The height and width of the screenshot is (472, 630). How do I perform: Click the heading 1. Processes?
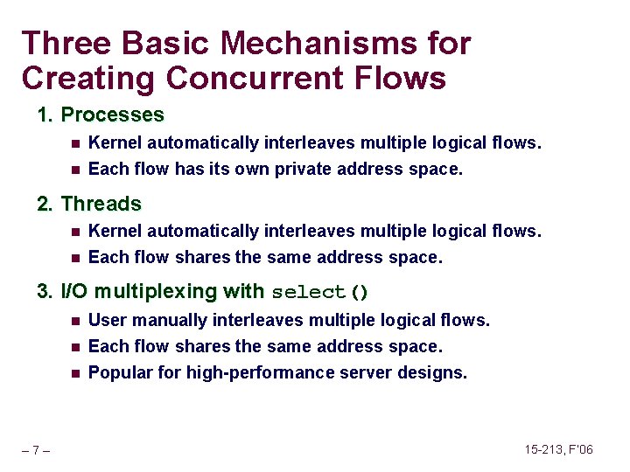101,115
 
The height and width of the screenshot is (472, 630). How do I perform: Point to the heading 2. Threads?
89,204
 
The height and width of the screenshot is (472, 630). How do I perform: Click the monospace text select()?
319,292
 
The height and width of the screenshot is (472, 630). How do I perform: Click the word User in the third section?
106,320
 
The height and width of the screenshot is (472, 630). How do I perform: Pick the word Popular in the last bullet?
118,372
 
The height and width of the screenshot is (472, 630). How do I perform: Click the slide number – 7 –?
36,450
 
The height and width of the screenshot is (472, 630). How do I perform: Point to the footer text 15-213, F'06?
558,449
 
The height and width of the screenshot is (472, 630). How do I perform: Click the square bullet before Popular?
76,373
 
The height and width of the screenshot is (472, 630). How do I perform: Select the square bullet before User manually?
76,321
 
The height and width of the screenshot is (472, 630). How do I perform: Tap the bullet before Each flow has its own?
76,170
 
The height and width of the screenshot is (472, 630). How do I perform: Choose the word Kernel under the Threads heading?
115,231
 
